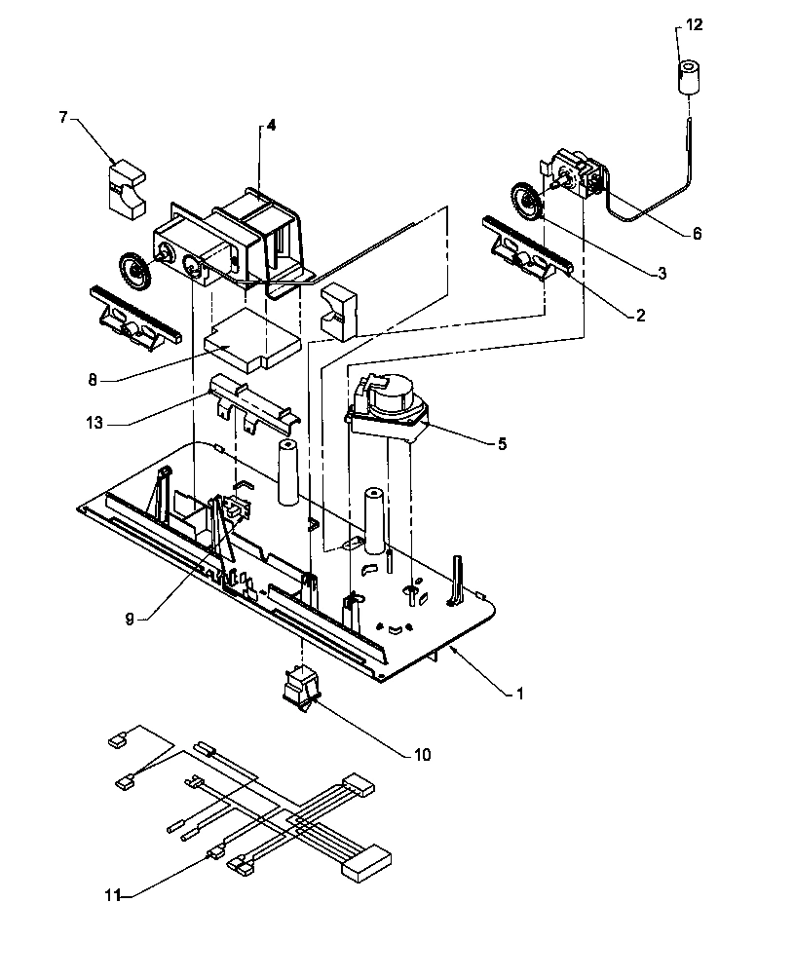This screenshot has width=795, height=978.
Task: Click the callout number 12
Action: pyautogui.click(x=693, y=24)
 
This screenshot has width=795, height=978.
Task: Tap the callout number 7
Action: pyautogui.click(x=63, y=118)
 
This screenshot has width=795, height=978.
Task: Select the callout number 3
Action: pyautogui.click(x=662, y=276)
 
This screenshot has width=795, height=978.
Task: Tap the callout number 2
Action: pyautogui.click(x=639, y=314)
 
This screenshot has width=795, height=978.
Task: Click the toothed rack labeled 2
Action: pyautogui.click(x=527, y=251)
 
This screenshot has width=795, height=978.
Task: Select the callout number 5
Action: pyautogui.click(x=502, y=443)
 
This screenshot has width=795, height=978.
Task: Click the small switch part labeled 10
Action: pyautogui.click(x=298, y=686)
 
